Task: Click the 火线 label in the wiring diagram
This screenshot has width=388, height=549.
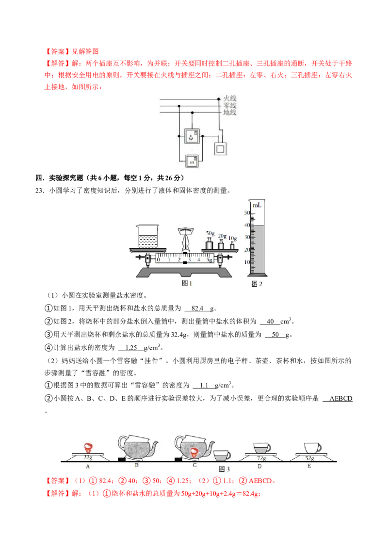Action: coord(230,98)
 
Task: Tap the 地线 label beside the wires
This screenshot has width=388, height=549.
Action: coord(230,112)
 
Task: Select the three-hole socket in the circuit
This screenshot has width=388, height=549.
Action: coord(192,136)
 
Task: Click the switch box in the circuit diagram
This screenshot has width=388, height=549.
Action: coord(220,149)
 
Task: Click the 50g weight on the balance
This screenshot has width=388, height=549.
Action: coord(210,243)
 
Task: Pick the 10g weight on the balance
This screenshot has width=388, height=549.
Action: coord(232,245)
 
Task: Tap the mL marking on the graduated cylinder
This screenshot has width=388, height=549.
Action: coord(257,206)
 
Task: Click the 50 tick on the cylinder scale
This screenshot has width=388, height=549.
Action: coord(247,213)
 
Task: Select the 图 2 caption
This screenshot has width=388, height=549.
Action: coord(257,284)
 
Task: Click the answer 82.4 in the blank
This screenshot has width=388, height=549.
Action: coord(197,308)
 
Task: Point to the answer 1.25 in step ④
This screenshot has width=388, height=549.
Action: coord(131,348)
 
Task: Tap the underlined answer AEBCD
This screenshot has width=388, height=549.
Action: coord(340,399)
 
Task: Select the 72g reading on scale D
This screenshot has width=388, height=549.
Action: coord(261,458)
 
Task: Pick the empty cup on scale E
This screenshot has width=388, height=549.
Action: coord(312,448)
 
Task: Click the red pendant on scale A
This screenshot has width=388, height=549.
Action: coord(88,448)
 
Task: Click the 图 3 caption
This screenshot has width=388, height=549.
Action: coord(224,469)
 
